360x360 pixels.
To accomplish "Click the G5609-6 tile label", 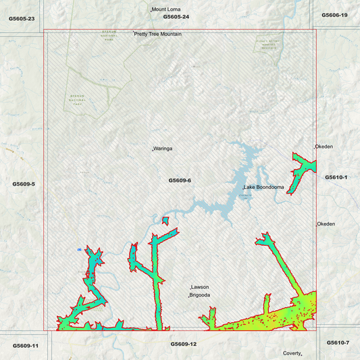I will click(x=180, y=181).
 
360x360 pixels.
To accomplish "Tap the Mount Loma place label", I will click(x=165, y=9).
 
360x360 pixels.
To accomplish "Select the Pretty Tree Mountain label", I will click(x=157, y=34).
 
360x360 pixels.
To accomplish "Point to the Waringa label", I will click(x=163, y=148).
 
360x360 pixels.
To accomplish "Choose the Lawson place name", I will click(x=201, y=287).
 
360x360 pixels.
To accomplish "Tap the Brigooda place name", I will click(x=200, y=295).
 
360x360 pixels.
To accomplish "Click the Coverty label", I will click(x=292, y=353).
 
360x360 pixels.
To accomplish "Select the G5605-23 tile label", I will click(x=22, y=18).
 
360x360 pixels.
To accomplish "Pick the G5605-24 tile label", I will click(x=176, y=16).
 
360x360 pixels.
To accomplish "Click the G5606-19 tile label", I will click(x=335, y=15).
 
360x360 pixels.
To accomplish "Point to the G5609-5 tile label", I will click(x=24, y=184).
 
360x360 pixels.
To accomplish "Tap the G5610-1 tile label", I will click(x=336, y=177).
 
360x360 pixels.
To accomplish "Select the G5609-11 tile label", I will click(x=26, y=345).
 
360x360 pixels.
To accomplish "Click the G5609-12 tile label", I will click(x=183, y=344).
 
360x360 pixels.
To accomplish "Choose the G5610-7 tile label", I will click(x=338, y=342).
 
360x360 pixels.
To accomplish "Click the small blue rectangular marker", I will click(x=79, y=250).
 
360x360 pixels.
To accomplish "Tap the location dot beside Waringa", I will click(x=153, y=148).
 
